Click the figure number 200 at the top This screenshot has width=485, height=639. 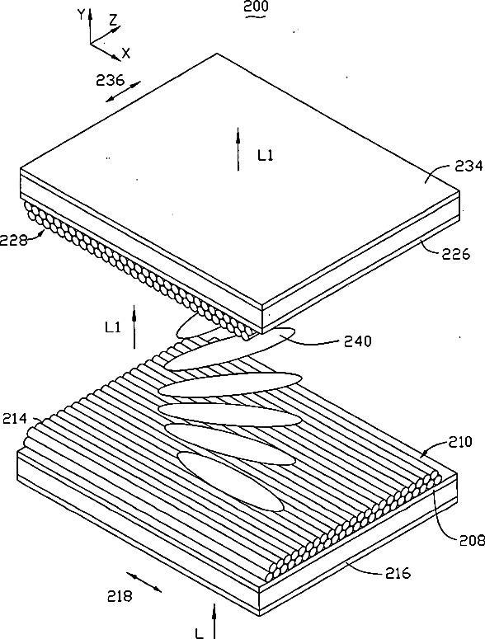(x=256, y=6)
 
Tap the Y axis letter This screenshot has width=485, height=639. (x=81, y=14)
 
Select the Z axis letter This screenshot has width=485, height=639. (x=114, y=19)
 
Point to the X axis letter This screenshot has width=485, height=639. (x=126, y=53)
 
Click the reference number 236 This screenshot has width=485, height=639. (x=110, y=80)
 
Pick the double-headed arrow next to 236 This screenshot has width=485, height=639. (x=123, y=92)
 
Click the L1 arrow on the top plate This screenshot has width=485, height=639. (x=238, y=148)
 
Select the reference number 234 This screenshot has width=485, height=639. (x=469, y=166)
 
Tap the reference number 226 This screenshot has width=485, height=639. (x=456, y=254)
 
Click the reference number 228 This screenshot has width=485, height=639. (x=13, y=241)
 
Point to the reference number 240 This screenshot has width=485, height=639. (x=358, y=341)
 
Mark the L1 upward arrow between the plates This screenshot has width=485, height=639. (x=134, y=328)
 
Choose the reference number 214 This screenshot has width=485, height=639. (x=15, y=419)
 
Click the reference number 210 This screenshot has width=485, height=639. (x=460, y=441)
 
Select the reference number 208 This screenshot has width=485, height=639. (x=473, y=540)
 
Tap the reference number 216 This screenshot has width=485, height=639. (x=398, y=573)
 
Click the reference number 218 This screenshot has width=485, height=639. (x=120, y=597)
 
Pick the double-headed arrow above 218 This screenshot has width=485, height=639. (x=144, y=581)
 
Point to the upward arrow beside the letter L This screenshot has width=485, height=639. (x=214, y=621)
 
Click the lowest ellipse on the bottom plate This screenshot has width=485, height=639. (x=231, y=481)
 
